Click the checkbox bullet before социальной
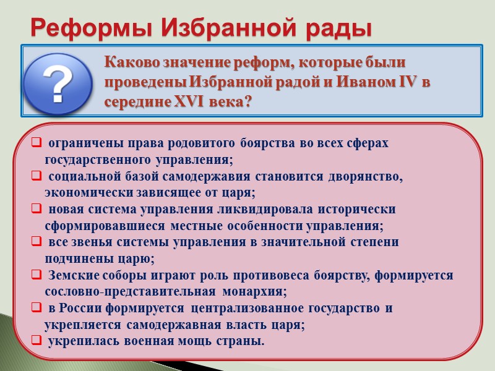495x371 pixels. click(x=37, y=177)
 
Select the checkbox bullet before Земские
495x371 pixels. click(x=37, y=275)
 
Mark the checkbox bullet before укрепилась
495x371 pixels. click(x=37, y=341)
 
